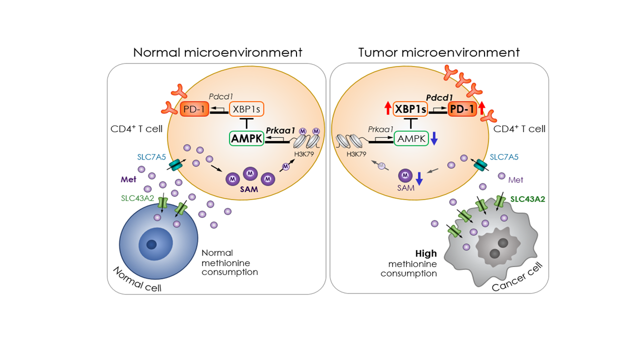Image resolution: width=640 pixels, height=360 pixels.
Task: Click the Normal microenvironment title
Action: point(217,52)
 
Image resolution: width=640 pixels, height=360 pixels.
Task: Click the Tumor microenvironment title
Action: point(439,52)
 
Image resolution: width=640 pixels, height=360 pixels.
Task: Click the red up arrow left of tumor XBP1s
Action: point(387,108)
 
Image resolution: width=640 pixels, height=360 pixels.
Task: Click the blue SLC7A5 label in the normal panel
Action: point(153,157)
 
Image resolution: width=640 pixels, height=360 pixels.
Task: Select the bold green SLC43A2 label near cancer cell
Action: point(527,198)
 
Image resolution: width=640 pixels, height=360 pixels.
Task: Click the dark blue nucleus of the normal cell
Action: point(151,244)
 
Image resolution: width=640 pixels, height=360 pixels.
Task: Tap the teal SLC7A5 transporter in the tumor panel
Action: point(480,164)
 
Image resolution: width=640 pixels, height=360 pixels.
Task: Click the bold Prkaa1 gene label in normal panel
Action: point(280,130)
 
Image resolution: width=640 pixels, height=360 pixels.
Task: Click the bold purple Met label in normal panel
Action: point(129,178)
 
